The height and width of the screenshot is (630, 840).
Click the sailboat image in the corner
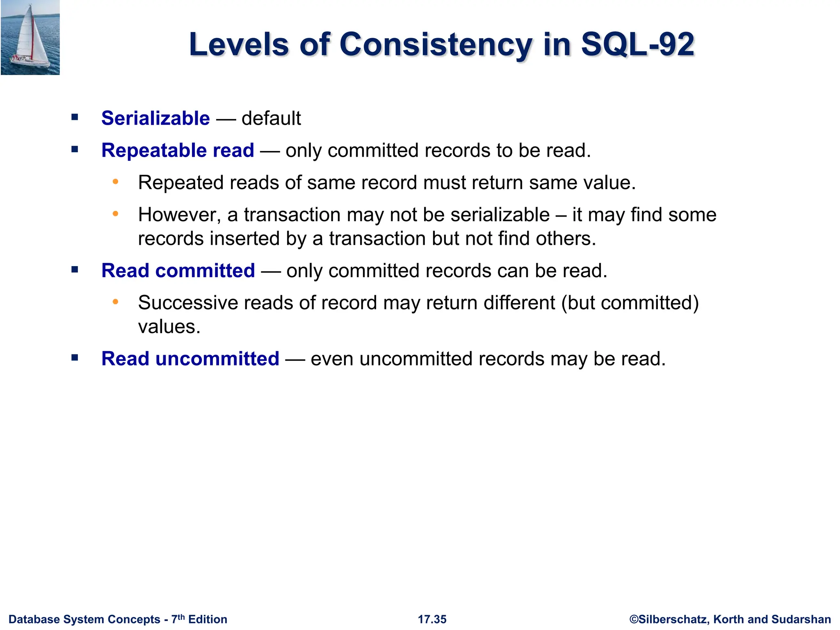30,37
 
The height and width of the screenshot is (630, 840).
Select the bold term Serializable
155,118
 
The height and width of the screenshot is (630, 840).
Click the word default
271,118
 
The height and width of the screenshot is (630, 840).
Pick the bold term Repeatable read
178,150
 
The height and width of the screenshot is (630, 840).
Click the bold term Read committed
178,271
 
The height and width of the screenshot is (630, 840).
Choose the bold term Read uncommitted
190,358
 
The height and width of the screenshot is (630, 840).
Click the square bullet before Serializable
75,118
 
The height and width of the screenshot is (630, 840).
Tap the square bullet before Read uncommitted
75,358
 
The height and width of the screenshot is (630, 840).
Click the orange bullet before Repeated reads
116,182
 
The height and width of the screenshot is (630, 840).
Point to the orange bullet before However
116,214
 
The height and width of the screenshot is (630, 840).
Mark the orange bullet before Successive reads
116,302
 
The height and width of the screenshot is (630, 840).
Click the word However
179,215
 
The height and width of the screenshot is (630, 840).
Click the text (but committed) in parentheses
630,303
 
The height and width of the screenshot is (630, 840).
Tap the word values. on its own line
169,327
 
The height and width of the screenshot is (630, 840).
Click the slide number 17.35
432,619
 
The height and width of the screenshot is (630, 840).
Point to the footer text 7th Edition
199,619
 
